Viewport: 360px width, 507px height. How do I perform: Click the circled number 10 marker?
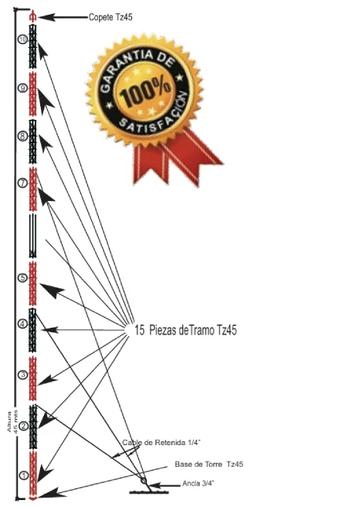pyautogui.click(x=22, y=39)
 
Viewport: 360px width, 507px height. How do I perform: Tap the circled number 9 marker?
pyautogui.click(x=22, y=88)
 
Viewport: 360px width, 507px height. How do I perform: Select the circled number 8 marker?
pyautogui.click(x=22, y=136)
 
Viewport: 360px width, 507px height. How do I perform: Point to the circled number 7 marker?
pyautogui.click(x=22, y=183)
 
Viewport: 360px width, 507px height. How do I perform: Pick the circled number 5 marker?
pyautogui.click(x=22, y=277)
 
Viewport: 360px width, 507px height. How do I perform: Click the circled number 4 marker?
pyautogui.click(x=22, y=324)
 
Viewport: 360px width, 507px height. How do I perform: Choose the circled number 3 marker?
pyautogui.click(x=22, y=375)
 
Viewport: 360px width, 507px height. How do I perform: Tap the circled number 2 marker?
pyautogui.click(x=23, y=426)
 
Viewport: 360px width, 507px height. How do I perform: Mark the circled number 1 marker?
pyautogui.click(x=24, y=475)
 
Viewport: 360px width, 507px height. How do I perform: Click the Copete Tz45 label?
pyautogui.click(x=110, y=17)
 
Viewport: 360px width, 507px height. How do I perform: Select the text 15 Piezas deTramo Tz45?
pyautogui.click(x=185, y=330)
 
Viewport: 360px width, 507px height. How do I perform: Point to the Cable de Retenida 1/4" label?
pyautogui.click(x=161, y=442)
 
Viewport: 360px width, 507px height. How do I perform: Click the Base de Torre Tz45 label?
pyautogui.click(x=209, y=464)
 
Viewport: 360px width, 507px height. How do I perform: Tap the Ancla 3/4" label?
pyautogui.click(x=199, y=483)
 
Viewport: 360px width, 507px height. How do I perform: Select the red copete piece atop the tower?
pyautogui.click(x=32, y=16)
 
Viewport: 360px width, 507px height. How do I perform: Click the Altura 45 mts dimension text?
pyautogui.click(x=13, y=421)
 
